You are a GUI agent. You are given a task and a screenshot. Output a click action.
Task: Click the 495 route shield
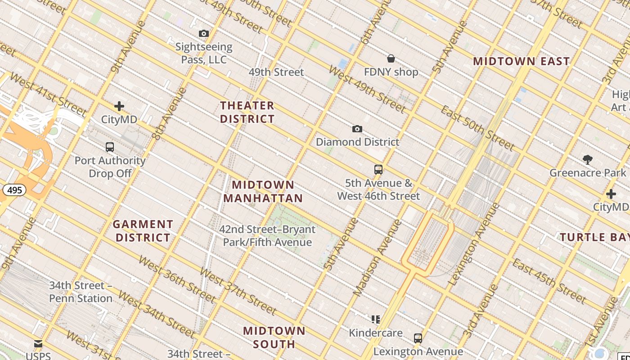point(14,190)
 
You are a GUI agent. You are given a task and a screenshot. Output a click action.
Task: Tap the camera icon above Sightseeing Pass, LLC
point(204,33)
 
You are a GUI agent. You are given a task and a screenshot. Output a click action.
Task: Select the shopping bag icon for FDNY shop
point(391,58)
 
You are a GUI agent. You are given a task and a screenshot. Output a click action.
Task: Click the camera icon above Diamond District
point(357,129)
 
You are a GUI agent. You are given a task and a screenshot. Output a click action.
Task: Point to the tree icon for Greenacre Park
point(587,159)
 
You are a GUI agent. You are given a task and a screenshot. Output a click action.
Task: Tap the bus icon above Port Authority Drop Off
point(110,147)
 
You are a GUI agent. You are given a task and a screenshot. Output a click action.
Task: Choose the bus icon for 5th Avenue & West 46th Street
point(378,170)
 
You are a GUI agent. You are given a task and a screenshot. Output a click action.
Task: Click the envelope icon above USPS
point(38,344)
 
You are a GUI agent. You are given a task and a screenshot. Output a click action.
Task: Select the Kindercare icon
point(376,319)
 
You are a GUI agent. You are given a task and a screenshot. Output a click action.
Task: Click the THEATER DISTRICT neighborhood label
point(247,112)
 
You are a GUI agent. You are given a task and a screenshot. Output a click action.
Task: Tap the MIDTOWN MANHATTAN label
point(263,191)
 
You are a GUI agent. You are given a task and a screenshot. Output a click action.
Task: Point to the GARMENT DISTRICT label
point(143,231)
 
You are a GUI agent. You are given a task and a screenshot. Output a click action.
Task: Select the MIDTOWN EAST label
point(521,61)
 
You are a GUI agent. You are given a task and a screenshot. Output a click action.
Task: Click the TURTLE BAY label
point(594,237)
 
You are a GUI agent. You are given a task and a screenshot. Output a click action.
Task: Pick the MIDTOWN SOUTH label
point(274,337)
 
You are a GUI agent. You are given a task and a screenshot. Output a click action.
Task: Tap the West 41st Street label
point(48,94)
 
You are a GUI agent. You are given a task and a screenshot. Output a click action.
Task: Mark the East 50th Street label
point(477,128)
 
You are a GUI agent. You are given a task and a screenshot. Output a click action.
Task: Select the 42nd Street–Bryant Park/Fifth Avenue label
point(267,236)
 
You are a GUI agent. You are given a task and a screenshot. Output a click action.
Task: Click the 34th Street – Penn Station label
point(81,292)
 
